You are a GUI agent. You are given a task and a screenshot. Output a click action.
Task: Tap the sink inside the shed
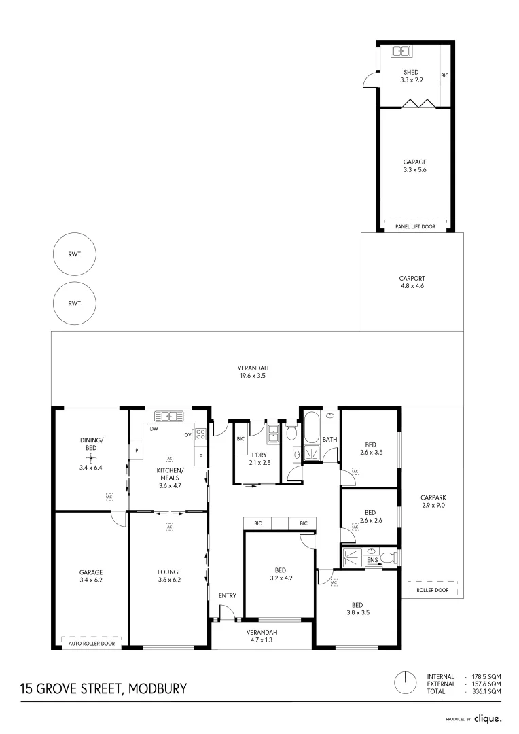coord(399,50)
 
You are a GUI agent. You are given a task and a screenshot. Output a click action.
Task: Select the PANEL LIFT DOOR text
coord(415,226)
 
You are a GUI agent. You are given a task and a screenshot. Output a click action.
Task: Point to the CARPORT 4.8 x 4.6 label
coord(412,282)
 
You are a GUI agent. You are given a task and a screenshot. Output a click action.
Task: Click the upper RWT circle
coord(75,255)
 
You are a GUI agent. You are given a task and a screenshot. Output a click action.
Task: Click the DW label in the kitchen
coord(154,429)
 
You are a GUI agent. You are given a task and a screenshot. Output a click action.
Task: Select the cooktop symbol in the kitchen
coord(200,435)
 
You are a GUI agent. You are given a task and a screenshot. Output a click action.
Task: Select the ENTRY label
coord(228,596)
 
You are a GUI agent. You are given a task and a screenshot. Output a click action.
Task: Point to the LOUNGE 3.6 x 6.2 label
coord(168,576)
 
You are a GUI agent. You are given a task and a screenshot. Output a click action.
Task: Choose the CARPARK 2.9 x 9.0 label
coord(433,501)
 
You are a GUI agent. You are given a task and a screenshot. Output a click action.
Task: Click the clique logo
coord(488,718)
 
